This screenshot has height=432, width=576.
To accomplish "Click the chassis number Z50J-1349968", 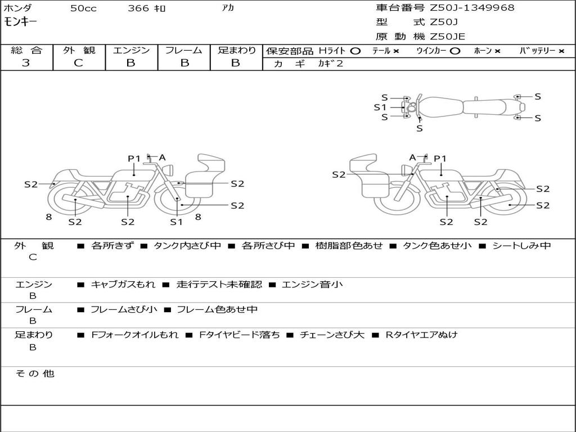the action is tap(472, 8).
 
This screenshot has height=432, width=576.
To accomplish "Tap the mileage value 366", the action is tap(138, 8).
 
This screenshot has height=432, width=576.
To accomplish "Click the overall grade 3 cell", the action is tap(26, 63).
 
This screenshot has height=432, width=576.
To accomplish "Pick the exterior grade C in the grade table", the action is tap(78, 63).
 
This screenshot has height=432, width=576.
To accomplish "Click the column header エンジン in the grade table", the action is tap(131, 50).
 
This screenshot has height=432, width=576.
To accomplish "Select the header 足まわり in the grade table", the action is tap(236, 50).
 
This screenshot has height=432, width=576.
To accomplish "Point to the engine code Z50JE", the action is tap(447, 37).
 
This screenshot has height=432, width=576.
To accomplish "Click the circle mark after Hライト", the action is tap(355, 51).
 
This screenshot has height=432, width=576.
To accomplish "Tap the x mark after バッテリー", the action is tap(561, 51).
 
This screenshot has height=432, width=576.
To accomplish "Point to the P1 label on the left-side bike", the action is tap(134, 159).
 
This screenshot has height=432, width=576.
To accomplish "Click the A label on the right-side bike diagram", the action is tap(412, 157).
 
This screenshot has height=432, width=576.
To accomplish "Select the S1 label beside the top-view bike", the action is tap(380, 107).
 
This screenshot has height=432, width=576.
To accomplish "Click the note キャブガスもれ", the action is tap(123, 285).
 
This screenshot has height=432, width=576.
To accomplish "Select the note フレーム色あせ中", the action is tap(217, 309).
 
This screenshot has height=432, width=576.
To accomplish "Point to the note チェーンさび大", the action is tap(332, 335).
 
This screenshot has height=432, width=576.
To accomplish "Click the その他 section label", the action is tap(35, 373).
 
